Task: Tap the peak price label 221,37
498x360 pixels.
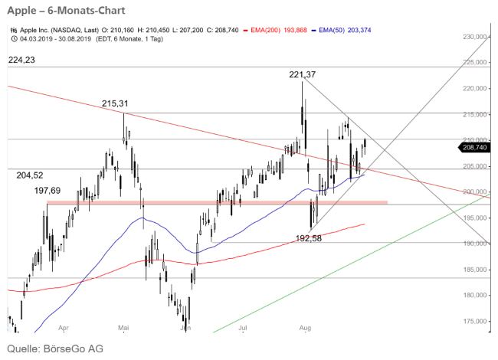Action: pos(303,74)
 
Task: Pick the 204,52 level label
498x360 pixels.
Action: pos(30,175)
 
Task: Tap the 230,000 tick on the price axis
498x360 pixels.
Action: pos(477,37)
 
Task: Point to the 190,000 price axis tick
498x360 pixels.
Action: pos(477,244)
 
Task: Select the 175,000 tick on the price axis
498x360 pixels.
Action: pos(477,321)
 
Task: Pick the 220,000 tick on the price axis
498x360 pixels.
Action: pos(477,89)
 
